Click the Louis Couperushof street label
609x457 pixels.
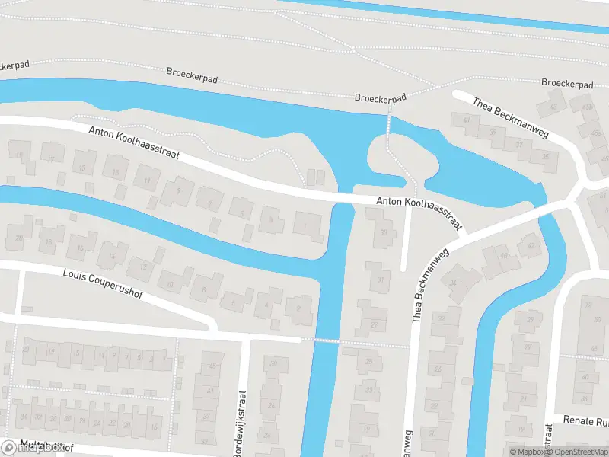pyautogui.click(x=103, y=284)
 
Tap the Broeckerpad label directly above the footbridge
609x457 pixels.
pyautogui.click(x=381, y=97)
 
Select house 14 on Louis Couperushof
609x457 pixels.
pyautogui.click(x=112, y=255)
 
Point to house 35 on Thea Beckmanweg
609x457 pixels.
pyautogui.click(x=546, y=158)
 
